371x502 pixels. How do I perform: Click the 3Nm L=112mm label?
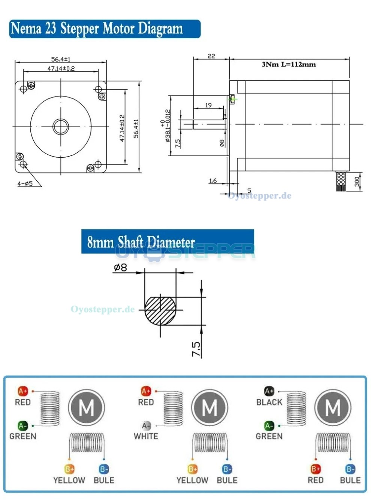289,64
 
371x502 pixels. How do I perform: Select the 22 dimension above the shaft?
211,56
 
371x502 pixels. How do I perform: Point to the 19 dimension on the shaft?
208,105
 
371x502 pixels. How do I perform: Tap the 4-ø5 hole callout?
25,184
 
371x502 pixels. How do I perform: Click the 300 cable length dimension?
357,182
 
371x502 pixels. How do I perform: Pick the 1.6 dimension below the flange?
213,181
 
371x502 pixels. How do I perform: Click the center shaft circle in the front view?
60,127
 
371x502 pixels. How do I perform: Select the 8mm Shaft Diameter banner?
168,242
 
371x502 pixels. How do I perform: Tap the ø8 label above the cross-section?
120,267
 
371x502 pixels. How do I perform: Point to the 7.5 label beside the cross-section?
196,349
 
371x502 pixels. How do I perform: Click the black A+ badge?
269,391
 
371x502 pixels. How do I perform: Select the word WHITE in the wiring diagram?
146,436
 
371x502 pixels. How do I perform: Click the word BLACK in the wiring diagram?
269,402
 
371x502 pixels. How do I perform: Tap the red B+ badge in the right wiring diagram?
316,469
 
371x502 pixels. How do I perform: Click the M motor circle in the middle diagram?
209,407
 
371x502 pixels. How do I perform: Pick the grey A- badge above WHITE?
146,426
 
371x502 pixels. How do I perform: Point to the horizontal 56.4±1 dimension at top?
61,59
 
